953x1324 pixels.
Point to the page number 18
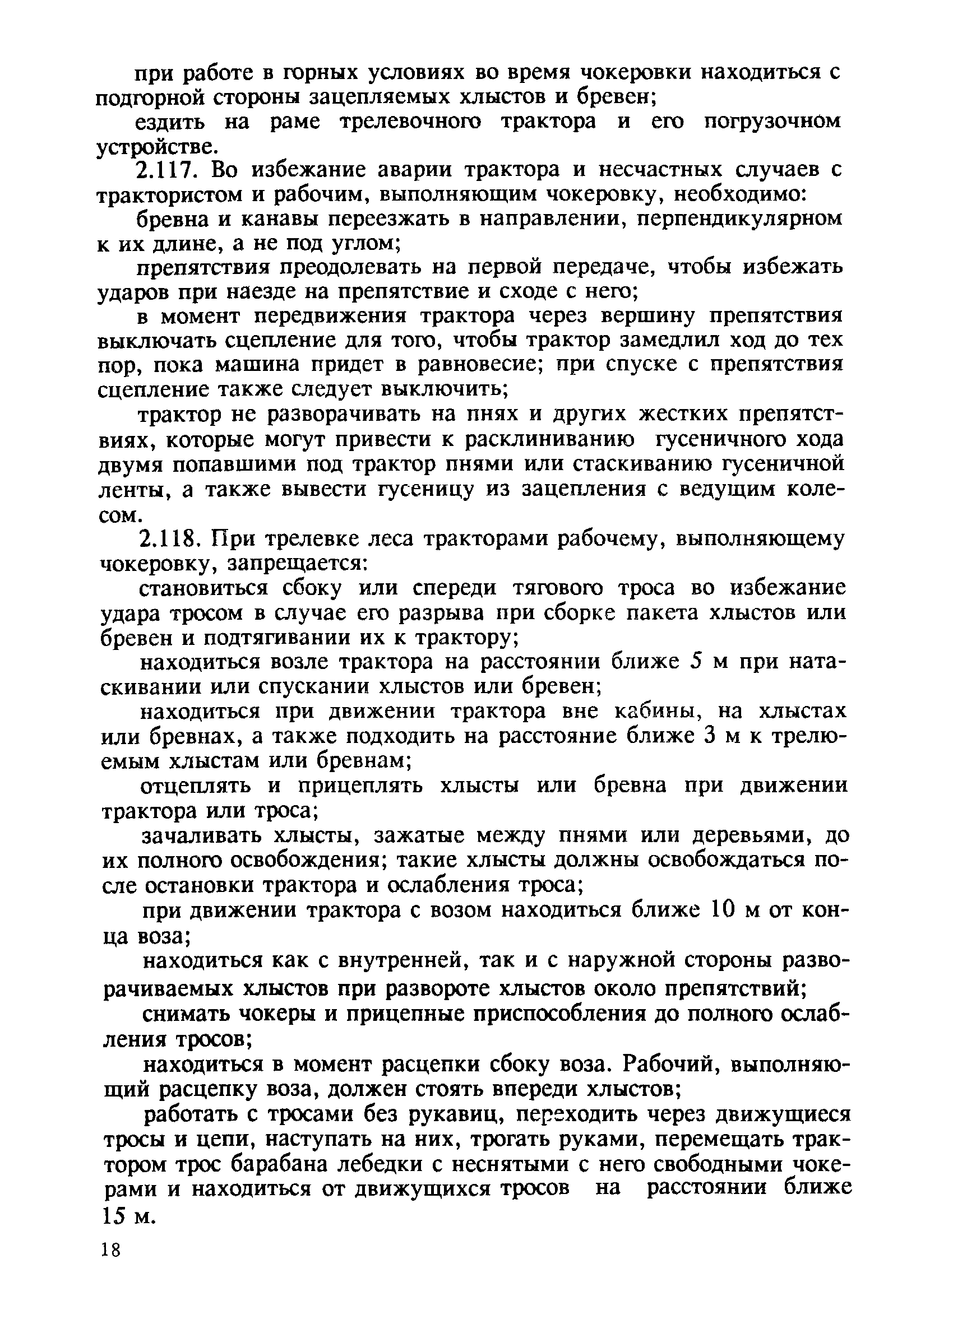coord(110,1250)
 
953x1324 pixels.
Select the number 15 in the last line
coord(113,1215)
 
